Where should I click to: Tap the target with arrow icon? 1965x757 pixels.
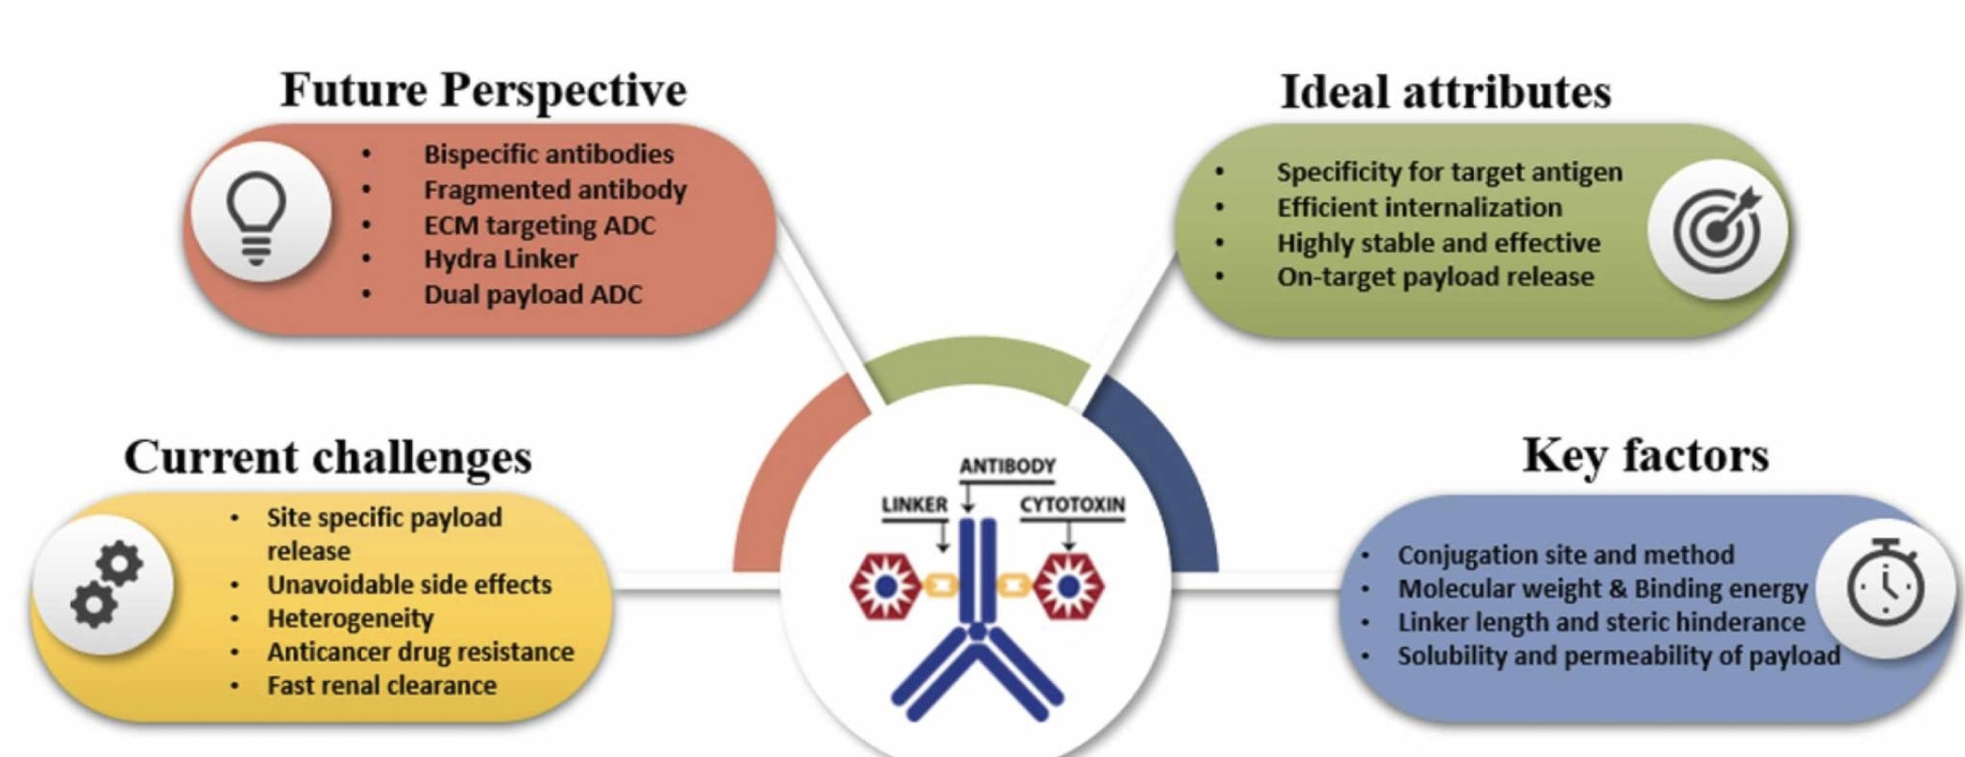[x=1717, y=229]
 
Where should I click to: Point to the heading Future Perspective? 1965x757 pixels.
[x=484, y=90]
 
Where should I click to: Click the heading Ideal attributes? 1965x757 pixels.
[x=1445, y=93]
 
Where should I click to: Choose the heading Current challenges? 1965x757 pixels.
[x=328, y=457]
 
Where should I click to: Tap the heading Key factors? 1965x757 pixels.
[x=1645, y=456]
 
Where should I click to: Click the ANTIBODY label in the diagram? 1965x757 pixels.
[x=1007, y=466]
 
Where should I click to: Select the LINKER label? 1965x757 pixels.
[x=914, y=505]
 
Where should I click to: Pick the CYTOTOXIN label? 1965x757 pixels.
[x=1072, y=505]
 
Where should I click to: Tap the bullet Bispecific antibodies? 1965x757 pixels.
[x=549, y=154]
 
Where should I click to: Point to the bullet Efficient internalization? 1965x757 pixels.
[x=1420, y=207]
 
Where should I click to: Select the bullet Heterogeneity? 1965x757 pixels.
[x=350, y=618]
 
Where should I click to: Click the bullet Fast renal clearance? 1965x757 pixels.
[x=382, y=685]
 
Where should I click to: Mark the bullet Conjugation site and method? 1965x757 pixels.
[x=1565, y=554]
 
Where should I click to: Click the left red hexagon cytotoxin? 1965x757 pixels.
[x=885, y=586]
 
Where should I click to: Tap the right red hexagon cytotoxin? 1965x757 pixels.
[x=1069, y=586]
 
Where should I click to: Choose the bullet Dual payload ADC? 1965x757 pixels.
[x=532, y=295]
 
